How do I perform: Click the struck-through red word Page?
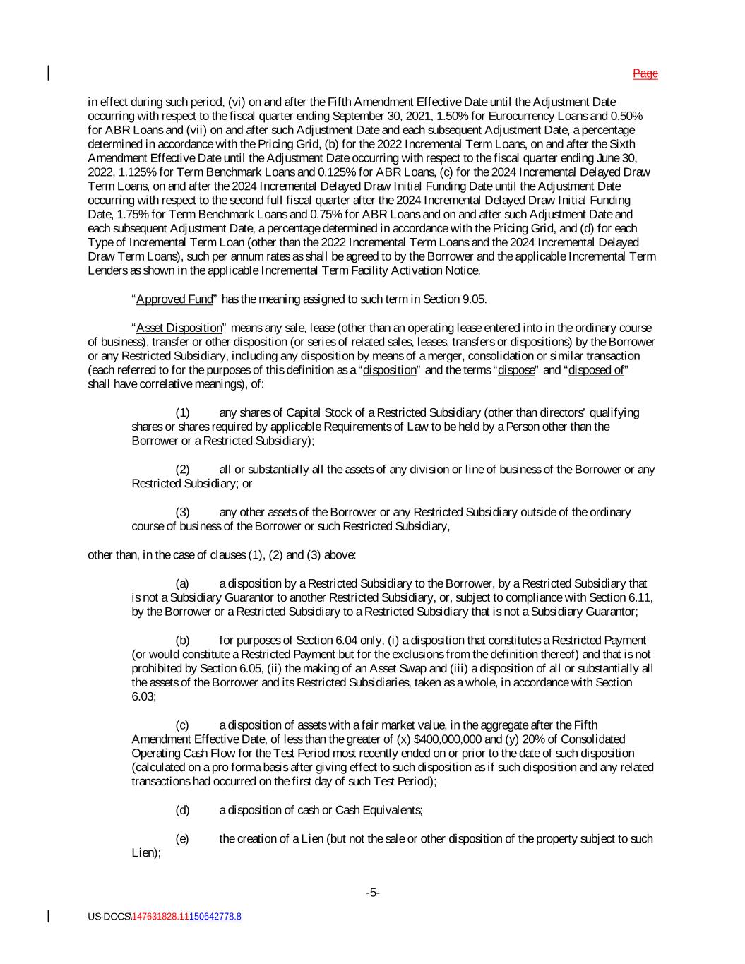pyautogui.click(x=645, y=73)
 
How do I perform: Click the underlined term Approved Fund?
pyautogui.click(x=174, y=299)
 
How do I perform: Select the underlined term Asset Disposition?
pyautogui.click(x=179, y=328)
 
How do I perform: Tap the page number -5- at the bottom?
pyautogui.click(x=373, y=893)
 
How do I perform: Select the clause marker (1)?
pyautogui.click(x=182, y=413)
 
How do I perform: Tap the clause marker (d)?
pyautogui.click(x=182, y=810)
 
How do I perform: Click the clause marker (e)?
pyautogui.click(x=182, y=839)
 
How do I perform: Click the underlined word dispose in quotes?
pyautogui.click(x=516, y=371)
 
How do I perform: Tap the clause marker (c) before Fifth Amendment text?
pyautogui.click(x=182, y=725)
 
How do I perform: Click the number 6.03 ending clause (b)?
pyautogui.click(x=142, y=696)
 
